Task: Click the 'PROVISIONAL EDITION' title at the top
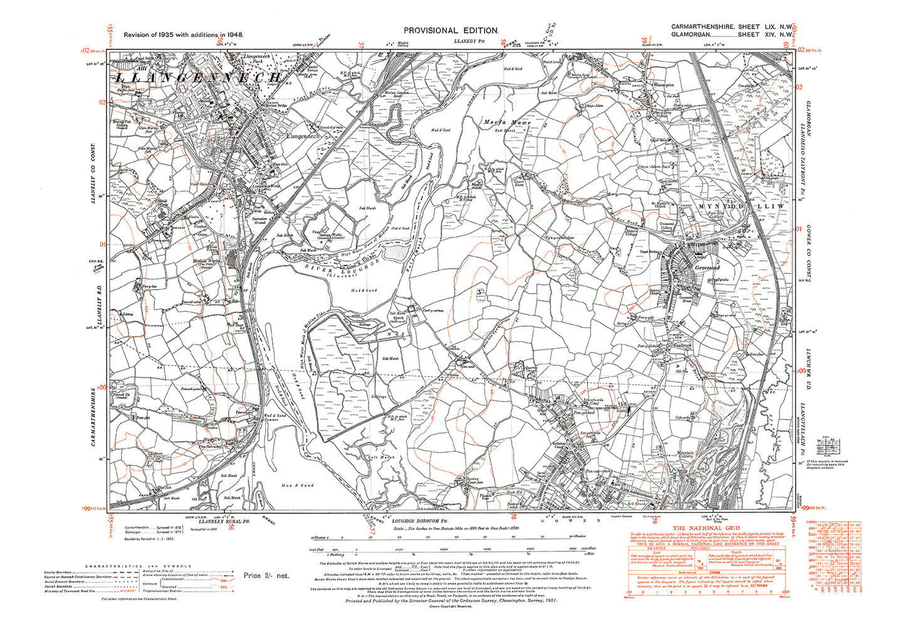point(451,30)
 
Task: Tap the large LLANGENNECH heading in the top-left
point(198,78)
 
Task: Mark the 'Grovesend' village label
point(707,267)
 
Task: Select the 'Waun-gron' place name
point(664,85)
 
